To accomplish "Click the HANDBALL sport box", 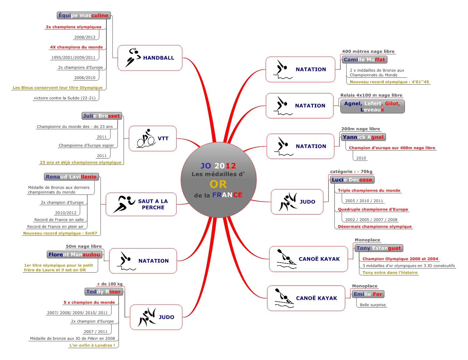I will pyautogui.click(x=150, y=58).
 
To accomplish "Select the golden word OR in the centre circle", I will pyautogui.click(x=218, y=184).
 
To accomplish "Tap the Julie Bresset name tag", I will pyautogui.click(x=101, y=116).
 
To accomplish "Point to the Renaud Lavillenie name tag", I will pyautogui.click(x=71, y=177).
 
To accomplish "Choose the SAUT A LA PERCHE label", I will pyautogui.click(x=153, y=204).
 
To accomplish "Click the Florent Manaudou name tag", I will pyautogui.click(x=74, y=254).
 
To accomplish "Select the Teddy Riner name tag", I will pyautogui.click(x=103, y=292).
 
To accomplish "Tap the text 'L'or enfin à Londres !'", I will pyautogui.click(x=92, y=345).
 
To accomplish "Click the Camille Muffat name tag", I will pyautogui.click(x=364, y=60).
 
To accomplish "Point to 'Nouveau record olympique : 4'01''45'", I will pyautogui.click(x=389, y=82).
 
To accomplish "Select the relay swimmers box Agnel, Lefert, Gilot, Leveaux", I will pyautogui.click(x=372, y=106).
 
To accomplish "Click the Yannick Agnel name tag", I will pyautogui.click(x=363, y=137).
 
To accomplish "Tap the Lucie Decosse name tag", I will pyautogui.click(x=352, y=180).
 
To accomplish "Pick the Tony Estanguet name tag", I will pyautogui.click(x=378, y=248).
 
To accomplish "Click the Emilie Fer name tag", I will pyautogui.click(x=368, y=294).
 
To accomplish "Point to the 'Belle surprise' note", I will pyautogui.click(x=373, y=305).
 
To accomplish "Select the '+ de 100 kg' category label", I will pyautogui.click(x=110, y=284).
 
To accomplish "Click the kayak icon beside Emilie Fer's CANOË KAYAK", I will pyautogui.click(x=284, y=298).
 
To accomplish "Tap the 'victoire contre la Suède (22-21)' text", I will pyautogui.click(x=65, y=98).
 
